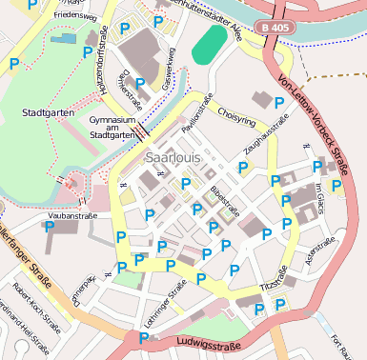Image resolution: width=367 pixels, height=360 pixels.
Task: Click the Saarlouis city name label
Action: (173, 155)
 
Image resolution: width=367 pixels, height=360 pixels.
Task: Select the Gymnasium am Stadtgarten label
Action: (112, 129)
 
